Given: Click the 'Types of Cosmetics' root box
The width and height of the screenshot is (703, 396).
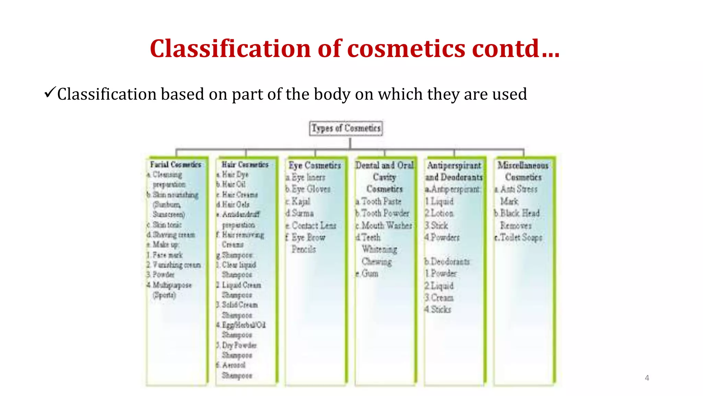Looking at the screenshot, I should click(x=346, y=128).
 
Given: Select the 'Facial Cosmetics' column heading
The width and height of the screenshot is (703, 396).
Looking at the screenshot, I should click(x=175, y=165).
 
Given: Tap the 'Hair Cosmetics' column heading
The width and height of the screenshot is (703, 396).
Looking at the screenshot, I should click(x=245, y=165).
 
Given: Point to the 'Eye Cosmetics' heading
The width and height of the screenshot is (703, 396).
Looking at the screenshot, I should click(x=315, y=165).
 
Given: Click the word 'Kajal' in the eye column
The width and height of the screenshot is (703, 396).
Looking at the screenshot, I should click(x=301, y=201).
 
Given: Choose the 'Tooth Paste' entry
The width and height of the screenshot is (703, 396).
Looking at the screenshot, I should click(x=381, y=201).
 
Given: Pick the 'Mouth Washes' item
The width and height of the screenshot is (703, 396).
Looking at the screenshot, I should click(x=387, y=225).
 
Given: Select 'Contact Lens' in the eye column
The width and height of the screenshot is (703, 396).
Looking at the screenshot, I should click(x=314, y=225).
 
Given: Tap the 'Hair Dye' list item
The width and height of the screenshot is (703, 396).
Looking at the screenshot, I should click(x=235, y=175).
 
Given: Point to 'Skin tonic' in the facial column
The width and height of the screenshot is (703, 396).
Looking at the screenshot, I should click(x=167, y=225).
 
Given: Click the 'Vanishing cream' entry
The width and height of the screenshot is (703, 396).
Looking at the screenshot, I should click(x=176, y=265).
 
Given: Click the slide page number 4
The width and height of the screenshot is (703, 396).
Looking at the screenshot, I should click(x=647, y=378).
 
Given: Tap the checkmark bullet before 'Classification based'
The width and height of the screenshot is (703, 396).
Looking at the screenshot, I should click(x=50, y=92).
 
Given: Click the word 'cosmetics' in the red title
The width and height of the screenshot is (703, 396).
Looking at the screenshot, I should click(x=406, y=48).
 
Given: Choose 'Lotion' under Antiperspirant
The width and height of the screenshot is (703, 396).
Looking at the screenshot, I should click(x=442, y=213).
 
